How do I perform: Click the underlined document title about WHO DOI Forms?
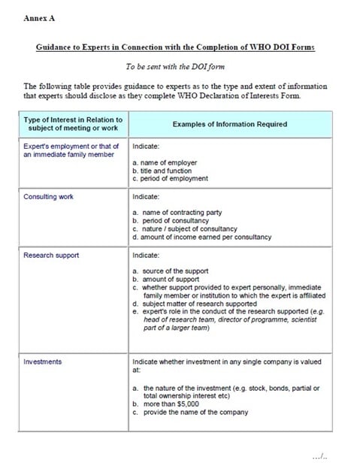176,47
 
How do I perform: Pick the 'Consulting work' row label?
48,197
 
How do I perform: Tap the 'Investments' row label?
43,362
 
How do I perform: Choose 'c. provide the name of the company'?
188,413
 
